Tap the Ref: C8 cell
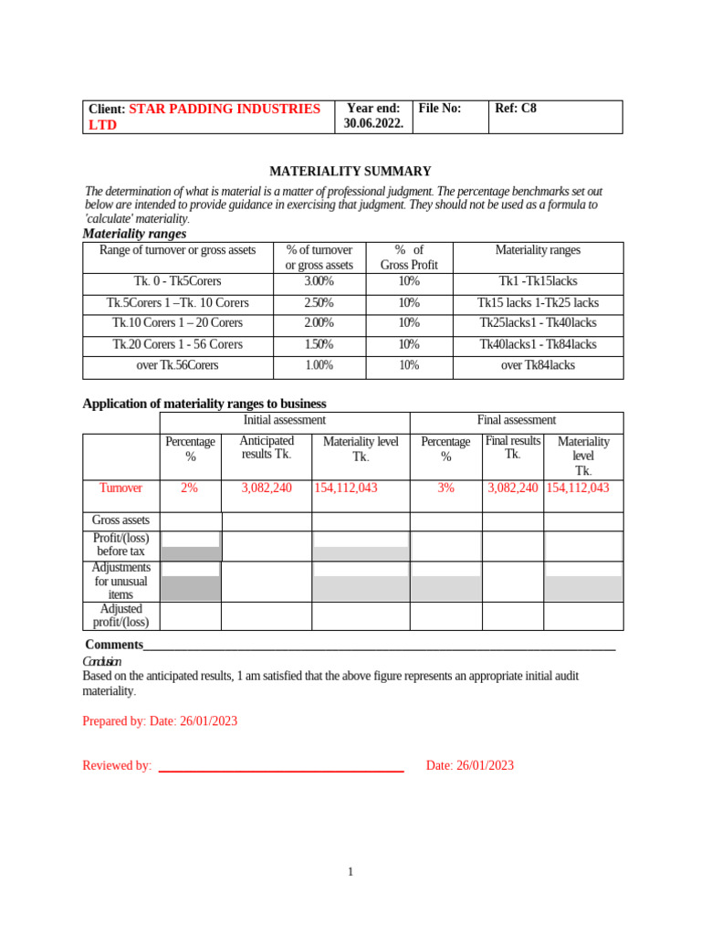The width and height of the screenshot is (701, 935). [516, 109]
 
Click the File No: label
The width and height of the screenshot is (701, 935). [440, 109]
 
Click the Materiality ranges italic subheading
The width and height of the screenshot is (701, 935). [134, 234]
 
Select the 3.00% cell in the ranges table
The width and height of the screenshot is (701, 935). [319, 281]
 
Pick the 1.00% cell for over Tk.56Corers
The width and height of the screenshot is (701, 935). [319, 365]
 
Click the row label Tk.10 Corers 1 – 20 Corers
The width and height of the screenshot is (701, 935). [177, 323]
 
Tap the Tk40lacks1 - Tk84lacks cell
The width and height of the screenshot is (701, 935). [538, 344]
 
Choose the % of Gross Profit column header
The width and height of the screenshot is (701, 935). [409, 257]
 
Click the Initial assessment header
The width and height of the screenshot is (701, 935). [284, 420]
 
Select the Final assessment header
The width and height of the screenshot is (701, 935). [516, 420]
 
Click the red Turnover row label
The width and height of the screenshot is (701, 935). [120, 489]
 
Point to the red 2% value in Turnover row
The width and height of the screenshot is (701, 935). [190, 489]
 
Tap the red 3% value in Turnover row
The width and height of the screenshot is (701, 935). [445, 489]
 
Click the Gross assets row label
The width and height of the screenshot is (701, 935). [120, 520]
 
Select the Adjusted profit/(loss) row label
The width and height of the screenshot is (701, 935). [120, 616]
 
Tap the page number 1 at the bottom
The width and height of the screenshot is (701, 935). [350, 873]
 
